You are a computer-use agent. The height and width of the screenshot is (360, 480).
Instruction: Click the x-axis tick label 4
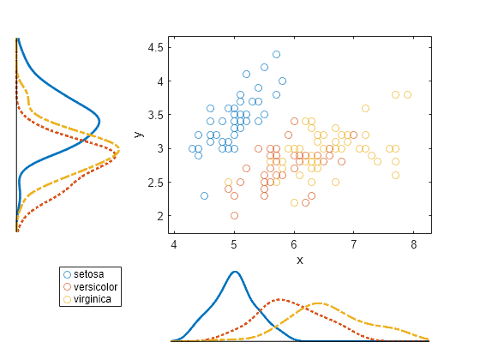click(174, 245)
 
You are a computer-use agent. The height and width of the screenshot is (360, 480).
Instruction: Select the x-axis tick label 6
click(294, 245)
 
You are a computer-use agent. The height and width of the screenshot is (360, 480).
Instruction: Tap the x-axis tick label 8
click(414, 245)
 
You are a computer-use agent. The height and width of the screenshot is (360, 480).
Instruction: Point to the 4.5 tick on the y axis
click(154, 48)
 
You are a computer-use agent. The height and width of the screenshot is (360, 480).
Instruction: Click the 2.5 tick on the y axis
click(154, 183)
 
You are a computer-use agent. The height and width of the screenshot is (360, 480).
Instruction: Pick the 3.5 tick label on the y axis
click(154, 115)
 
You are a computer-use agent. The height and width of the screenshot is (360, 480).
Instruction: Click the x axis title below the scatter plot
click(299, 259)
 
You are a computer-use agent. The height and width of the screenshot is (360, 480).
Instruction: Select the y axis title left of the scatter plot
click(138, 134)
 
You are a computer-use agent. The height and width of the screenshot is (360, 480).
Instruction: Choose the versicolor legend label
click(96, 286)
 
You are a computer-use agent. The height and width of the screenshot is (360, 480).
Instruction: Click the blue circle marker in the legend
click(67, 273)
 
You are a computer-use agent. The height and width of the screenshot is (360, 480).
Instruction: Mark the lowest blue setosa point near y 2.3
click(204, 195)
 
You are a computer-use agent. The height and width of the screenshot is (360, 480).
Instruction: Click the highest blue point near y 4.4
click(276, 54)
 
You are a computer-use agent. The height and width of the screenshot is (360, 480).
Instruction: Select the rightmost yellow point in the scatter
click(407, 94)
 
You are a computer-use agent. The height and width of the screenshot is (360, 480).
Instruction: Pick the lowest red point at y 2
click(234, 216)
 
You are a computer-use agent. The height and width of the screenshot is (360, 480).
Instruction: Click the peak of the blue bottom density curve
click(235, 272)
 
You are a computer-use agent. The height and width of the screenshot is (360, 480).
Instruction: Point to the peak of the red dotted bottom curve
click(279, 300)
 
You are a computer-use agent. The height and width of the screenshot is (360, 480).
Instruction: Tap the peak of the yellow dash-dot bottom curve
click(319, 303)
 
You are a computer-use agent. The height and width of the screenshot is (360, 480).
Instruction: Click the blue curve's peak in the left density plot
click(99, 120)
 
